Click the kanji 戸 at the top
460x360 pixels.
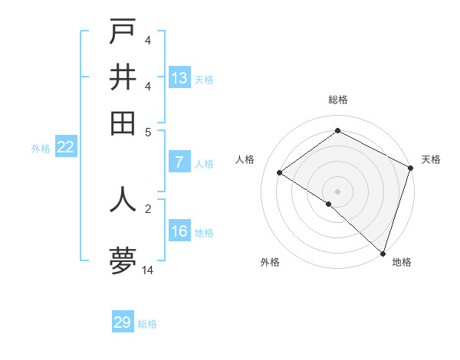coord(123,31)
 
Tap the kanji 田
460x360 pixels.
coord(123,123)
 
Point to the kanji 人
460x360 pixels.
coord(123,198)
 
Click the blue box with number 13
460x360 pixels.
coord(179,78)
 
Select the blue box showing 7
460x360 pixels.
coord(179,162)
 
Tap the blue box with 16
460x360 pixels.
coord(179,231)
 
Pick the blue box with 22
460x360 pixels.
coord(66,148)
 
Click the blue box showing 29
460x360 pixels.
coord(123,322)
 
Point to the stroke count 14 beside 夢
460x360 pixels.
coord(148,270)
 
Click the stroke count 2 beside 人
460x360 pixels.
coord(148,208)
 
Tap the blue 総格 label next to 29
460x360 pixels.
coord(147,324)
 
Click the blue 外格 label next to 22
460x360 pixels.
coord(41,149)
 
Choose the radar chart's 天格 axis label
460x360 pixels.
coord(431,159)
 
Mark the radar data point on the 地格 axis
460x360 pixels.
coord(383,252)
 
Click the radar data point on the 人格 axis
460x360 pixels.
coord(280,172)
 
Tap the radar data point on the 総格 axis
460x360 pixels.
coord(337,130)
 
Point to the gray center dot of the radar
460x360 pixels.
coord(337,191)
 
